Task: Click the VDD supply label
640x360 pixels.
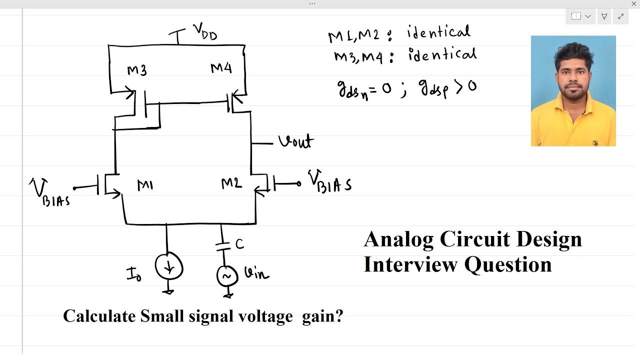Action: (x=205, y=32)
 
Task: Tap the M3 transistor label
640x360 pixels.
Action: (x=136, y=70)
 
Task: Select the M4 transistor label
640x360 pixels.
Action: (x=221, y=68)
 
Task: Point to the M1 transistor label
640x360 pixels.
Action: (x=145, y=186)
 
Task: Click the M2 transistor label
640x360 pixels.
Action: (x=231, y=184)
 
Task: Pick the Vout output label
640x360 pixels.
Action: (x=295, y=142)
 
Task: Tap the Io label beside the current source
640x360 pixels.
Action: (x=134, y=274)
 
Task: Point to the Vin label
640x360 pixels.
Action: (x=256, y=273)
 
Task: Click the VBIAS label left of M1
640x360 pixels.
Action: (x=49, y=193)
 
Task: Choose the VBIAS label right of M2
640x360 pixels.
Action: (x=329, y=182)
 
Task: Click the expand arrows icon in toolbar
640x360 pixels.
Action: (x=620, y=16)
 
